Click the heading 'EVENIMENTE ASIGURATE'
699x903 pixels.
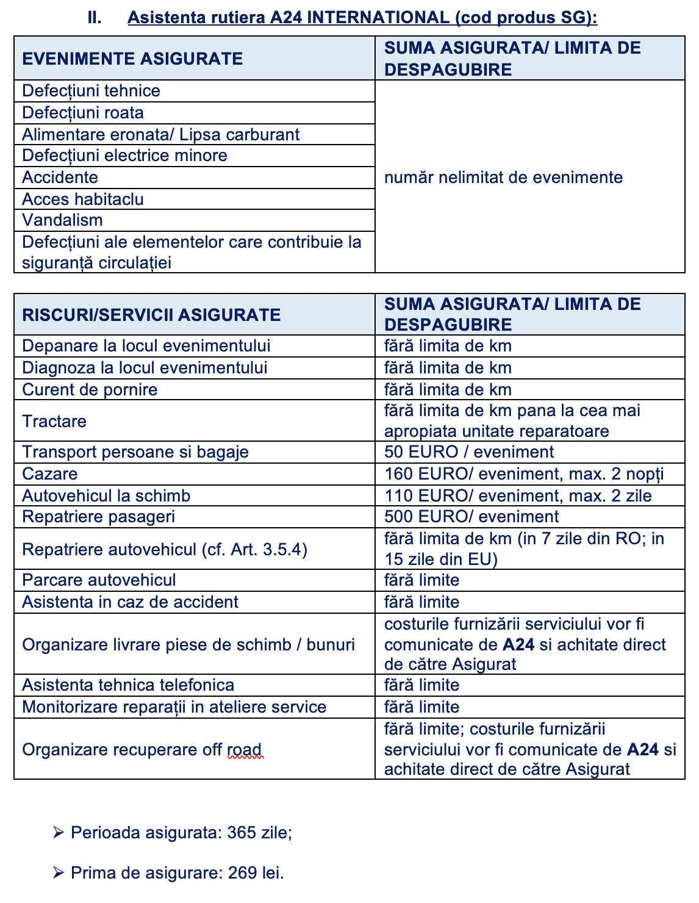pyautogui.click(x=132, y=59)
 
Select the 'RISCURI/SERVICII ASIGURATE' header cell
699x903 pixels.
pyautogui.click(x=151, y=315)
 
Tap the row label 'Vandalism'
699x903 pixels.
pyautogui.click(x=62, y=220)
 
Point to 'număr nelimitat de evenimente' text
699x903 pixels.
pyautogui.click(x=503, y=178)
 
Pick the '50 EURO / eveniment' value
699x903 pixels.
pyautogui.click(x=468, y=452)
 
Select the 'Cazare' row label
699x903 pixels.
pyautogui.click(x=50, y=474)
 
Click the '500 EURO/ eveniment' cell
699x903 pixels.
pyautogui.click(x=471, y=517)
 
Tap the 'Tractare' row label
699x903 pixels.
pyautogui.click(x=54, y=422)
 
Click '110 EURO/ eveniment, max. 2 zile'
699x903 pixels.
pyautogui.click(x=517, y=495)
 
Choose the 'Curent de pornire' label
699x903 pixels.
pyautogui.click(x=90, y=390)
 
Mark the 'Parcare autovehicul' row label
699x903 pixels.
pyautogui.click(x=99, y=580)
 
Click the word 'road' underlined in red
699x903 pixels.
pyautogui.click(x=245, y=750)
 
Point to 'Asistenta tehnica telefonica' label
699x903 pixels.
pyautogui.click(x=128, y=685)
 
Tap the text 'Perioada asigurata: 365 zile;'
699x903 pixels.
pyautogui.click(x=181, y=833)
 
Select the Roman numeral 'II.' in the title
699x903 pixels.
pyautogui.click(x=95, y=17)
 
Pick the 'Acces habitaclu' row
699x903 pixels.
pyautogui.click(x=83, y=200)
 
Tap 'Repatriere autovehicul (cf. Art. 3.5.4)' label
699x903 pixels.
pyautogui.click(x=165, y=550)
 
